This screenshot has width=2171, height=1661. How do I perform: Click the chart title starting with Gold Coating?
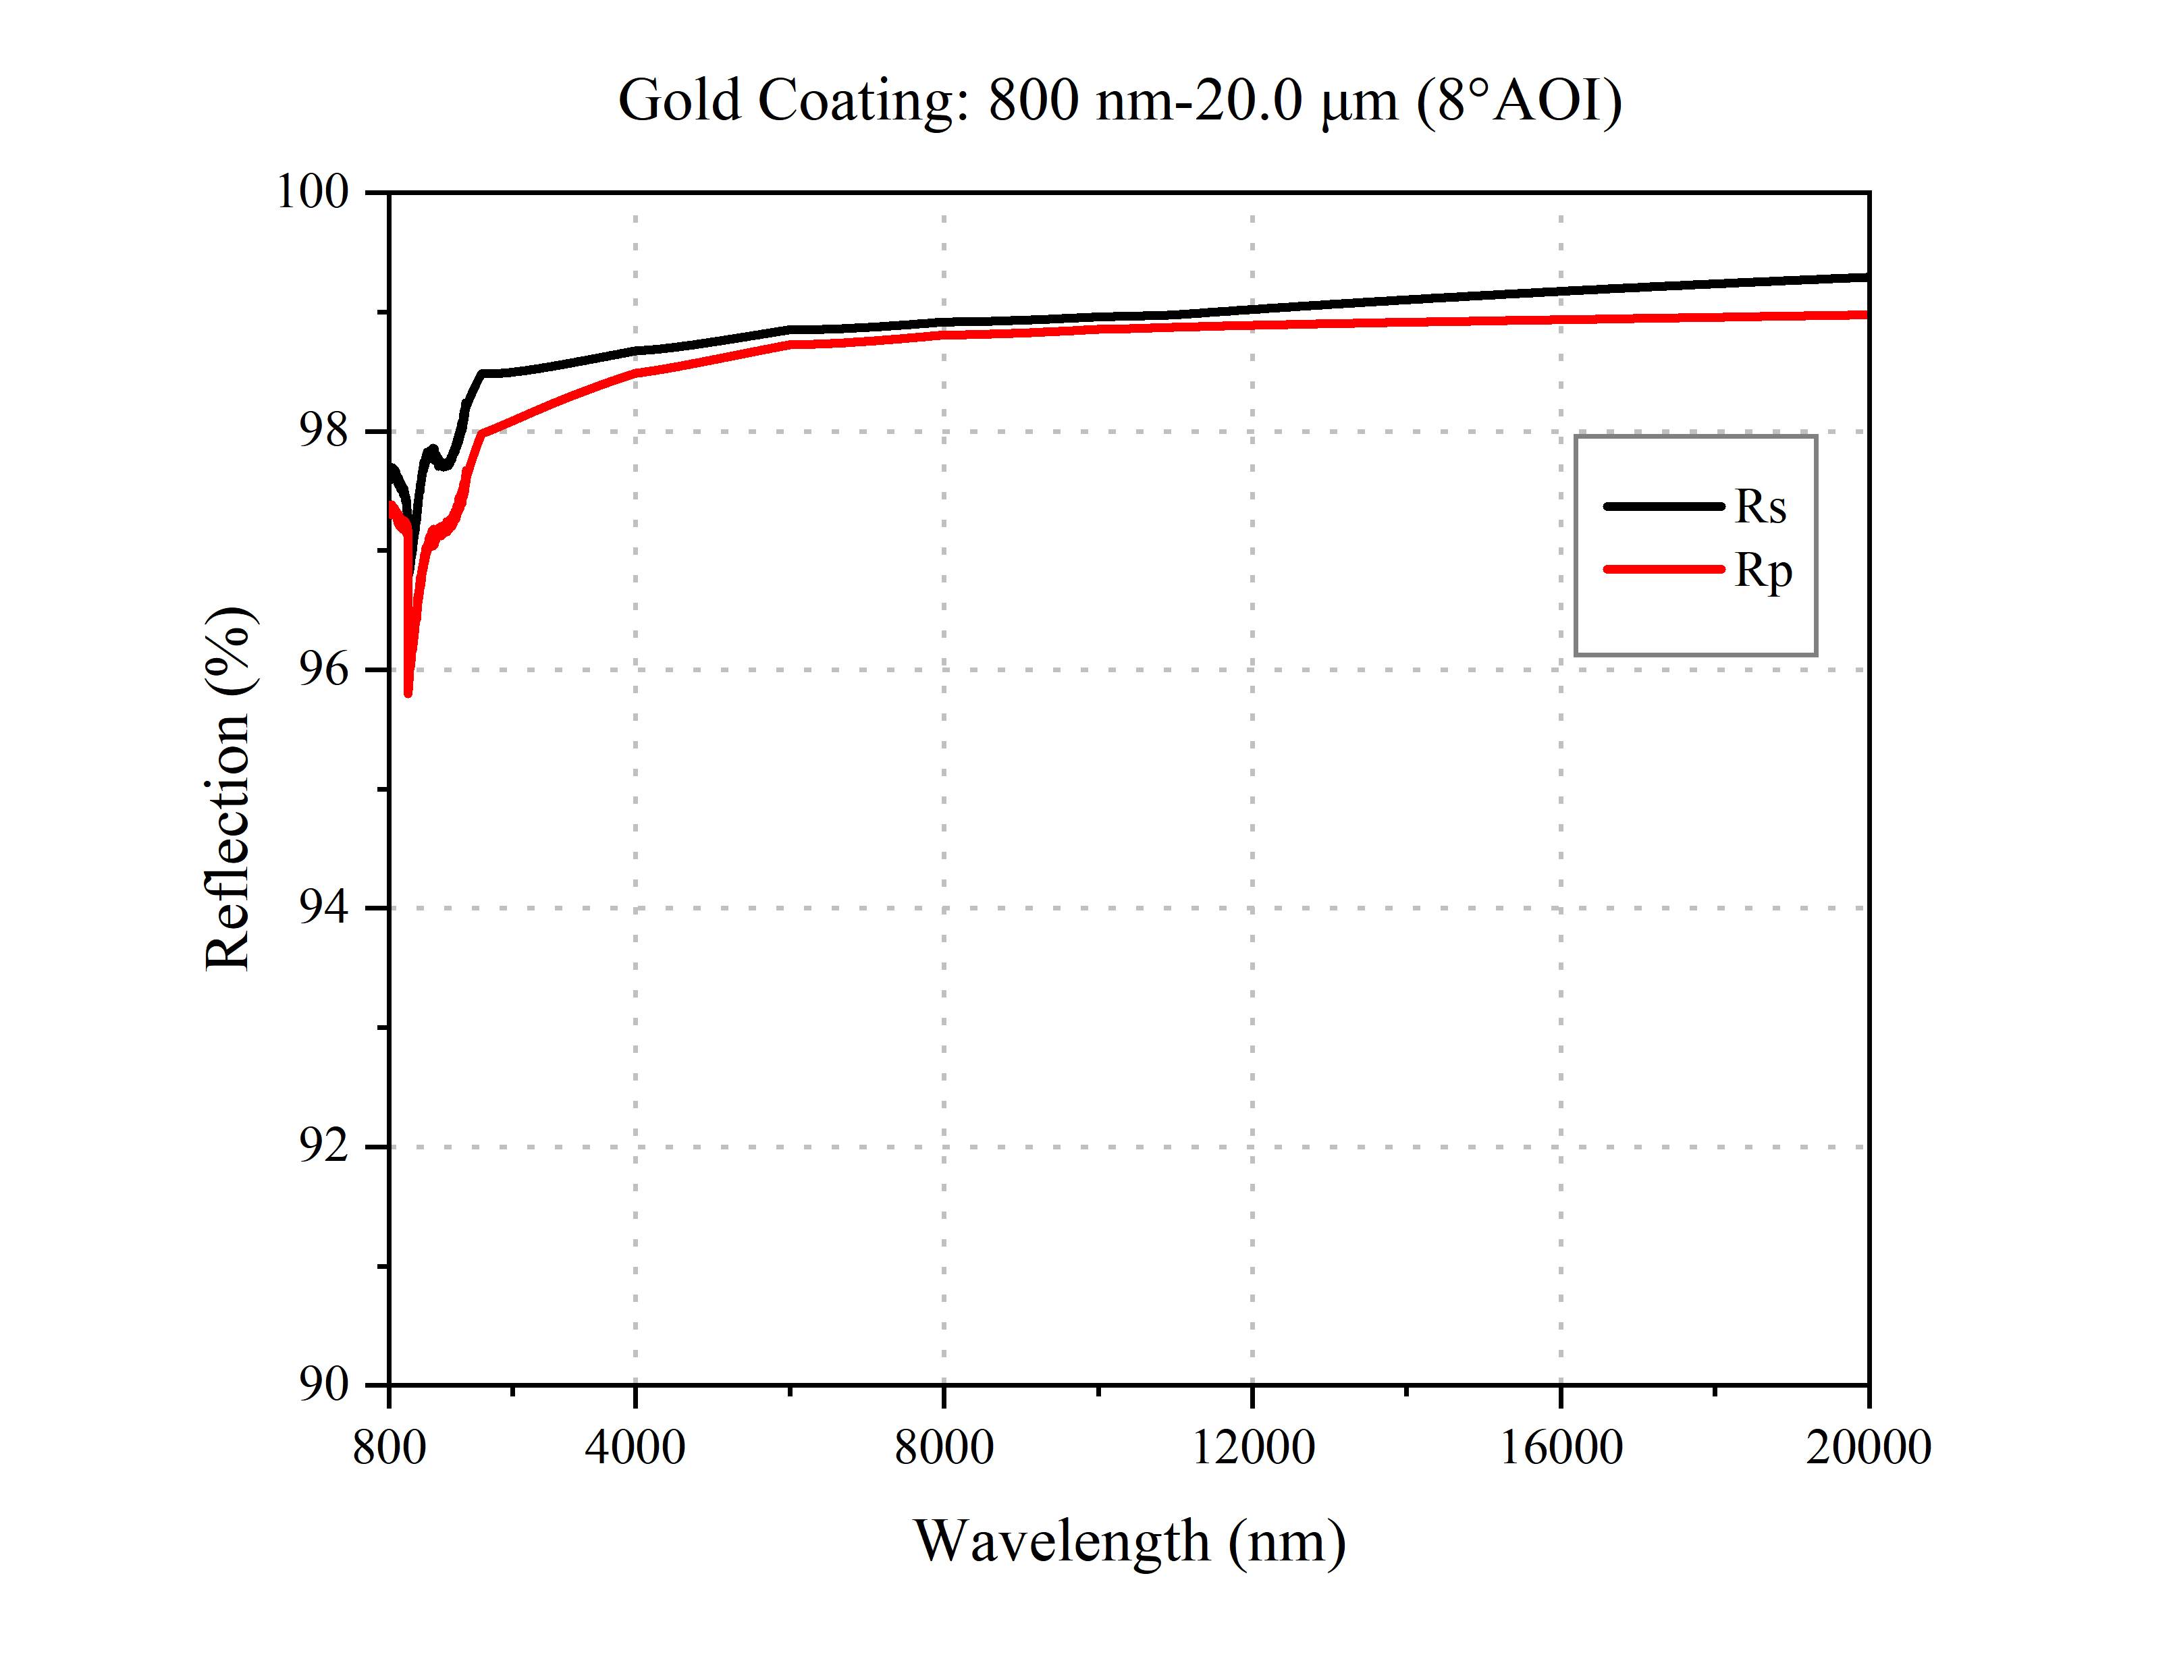pyautogui.click(x=1119, y=101)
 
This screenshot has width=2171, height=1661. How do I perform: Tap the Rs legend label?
pyautogui.click(x=1761, y=507)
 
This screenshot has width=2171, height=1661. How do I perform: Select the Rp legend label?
pyautogui.click(x=1763, y=572)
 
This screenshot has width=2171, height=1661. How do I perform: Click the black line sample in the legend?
pyautogui.click(x=1664, y=506)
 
